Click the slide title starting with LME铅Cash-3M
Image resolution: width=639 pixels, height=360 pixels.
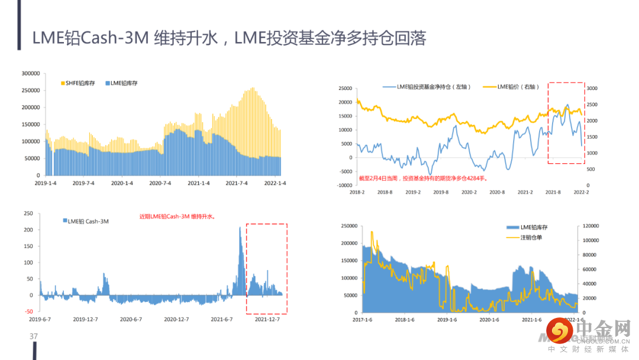[x=229, y=38]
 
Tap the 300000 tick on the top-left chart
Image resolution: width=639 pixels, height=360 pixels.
[x=30, y=73]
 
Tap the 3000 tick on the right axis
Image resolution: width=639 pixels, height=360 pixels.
[x=592, y=88]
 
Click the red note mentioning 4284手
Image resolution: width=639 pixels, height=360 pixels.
[x=424, y=177]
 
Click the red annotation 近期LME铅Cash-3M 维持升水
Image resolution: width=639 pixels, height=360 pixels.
[x=177, y=217]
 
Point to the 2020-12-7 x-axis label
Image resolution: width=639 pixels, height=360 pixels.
[x=176, y=319]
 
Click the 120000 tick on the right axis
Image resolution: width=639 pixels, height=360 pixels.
[x=592, y=226]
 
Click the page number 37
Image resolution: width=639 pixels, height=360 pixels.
[x=34, y=336]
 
